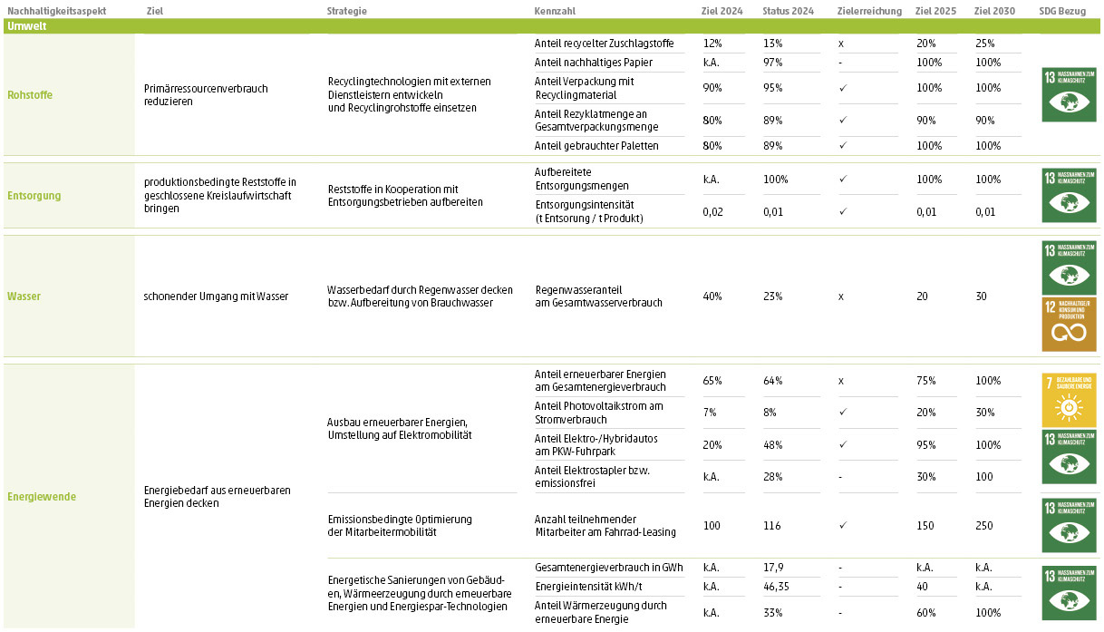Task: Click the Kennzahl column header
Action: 555,11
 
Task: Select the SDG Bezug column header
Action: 1061,11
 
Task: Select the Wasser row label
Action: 24,297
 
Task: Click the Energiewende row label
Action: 42,497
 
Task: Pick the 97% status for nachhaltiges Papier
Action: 772,63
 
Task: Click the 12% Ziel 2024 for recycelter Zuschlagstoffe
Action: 712,44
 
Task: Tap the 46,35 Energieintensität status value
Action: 777,587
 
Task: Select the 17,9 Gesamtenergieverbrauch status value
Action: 772,568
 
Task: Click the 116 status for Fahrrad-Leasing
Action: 770,526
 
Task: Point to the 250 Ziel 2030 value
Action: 984,526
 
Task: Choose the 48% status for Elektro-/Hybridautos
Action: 772,445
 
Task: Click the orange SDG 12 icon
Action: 1068,324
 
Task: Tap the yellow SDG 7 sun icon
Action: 1068,399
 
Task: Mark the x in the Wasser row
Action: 841,297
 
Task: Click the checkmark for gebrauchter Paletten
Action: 843,146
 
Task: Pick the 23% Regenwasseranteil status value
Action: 772,297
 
